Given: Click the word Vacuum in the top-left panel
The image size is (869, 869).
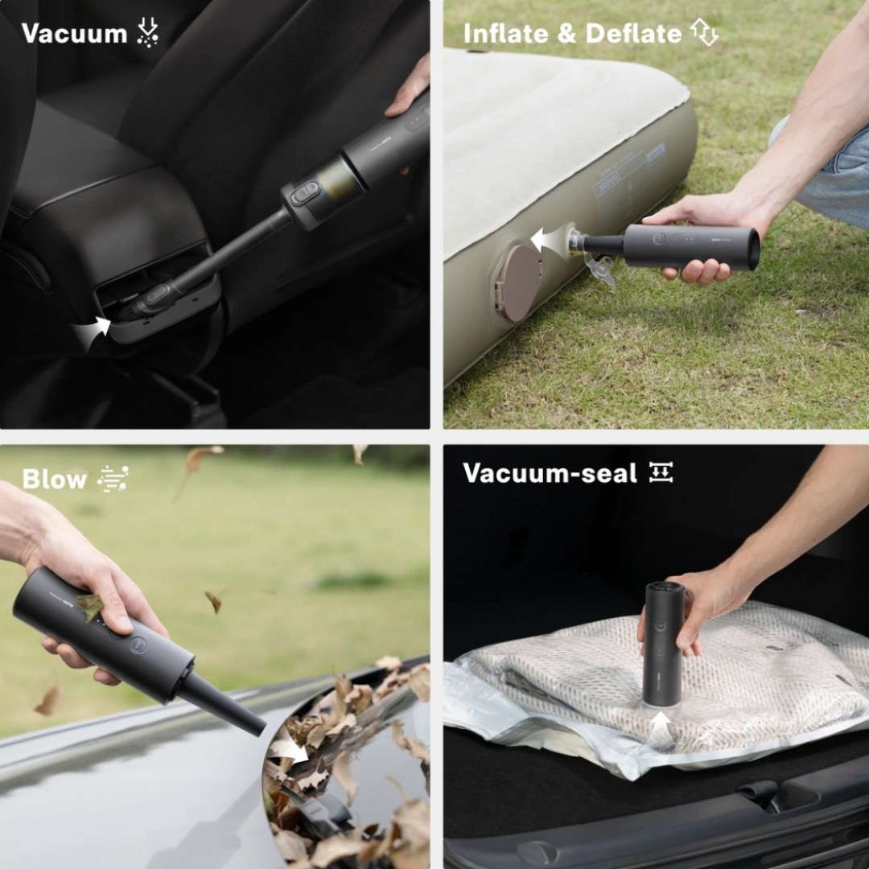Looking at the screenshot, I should pos(74,34).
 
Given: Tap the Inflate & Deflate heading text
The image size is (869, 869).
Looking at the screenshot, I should pos(572,34).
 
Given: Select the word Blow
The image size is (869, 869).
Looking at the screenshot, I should pos(55,480).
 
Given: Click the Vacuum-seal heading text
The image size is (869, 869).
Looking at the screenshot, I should pos(550,473).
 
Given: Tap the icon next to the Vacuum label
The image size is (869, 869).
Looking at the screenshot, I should pos(147,33).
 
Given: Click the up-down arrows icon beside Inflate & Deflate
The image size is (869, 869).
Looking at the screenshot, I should pos(704,33).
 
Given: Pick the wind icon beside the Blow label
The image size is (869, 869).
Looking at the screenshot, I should pos(113,479).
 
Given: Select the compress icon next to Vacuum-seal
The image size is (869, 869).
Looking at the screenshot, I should pos(661,473).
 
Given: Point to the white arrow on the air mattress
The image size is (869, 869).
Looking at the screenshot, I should pos(548,239).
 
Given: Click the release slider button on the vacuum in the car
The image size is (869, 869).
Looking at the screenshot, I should pos(305,193).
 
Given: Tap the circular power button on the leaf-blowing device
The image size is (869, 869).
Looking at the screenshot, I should pos(138,645).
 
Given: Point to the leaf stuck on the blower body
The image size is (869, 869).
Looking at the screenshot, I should pos(89,605).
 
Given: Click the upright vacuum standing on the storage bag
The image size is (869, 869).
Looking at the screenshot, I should pos(663,644).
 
